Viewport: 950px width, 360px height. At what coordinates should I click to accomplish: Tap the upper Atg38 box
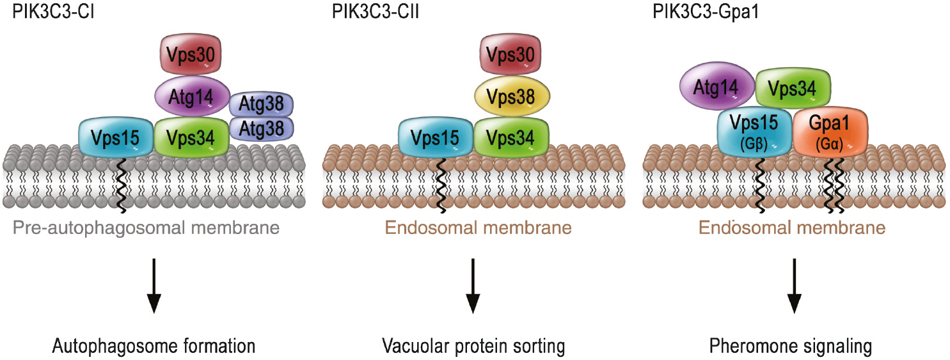pos(261,104)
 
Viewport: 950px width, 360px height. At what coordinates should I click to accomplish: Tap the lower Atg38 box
pos(261,128)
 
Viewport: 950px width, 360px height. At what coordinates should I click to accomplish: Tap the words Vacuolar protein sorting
pos(473,347)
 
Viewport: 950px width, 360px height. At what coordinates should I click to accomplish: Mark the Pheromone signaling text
pos(791,347)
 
